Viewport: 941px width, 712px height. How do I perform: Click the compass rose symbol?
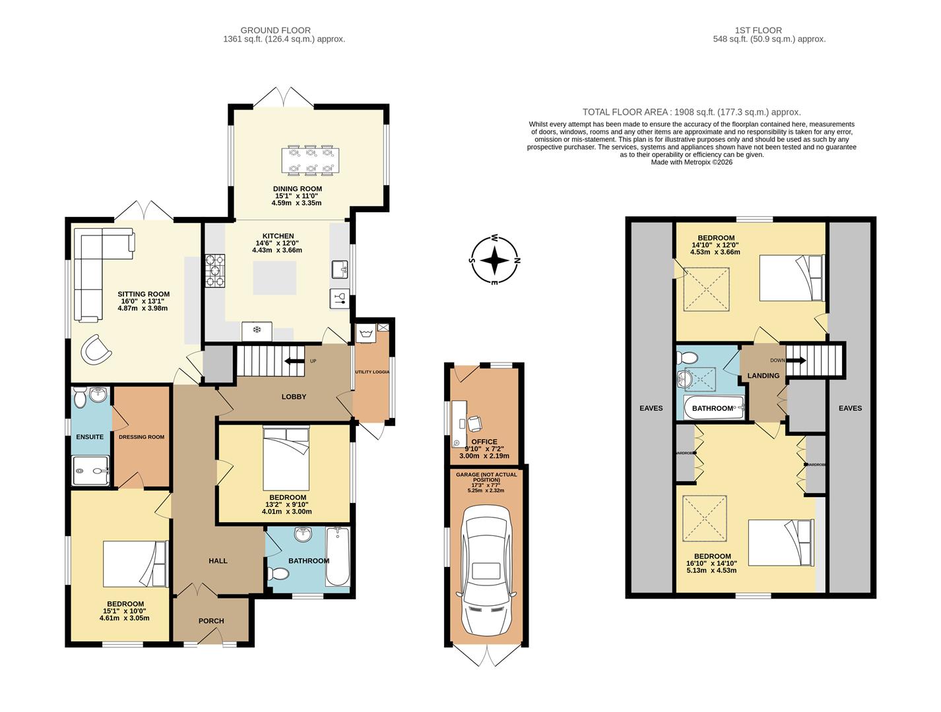coord(494,260)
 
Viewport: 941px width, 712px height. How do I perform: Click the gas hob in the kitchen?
coord(215,271)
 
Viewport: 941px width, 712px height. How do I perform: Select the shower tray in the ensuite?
coord(91,471)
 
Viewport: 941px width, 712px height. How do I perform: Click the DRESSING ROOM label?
coord(141,437)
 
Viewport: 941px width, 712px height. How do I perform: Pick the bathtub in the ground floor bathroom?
coord(337,557)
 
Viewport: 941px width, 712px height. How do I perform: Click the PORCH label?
coord(211,621)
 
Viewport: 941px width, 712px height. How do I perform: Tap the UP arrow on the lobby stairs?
coord(291,361)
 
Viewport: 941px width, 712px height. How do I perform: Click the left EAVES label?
coord(651,408)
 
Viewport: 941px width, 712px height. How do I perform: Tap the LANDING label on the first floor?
coord(763,376)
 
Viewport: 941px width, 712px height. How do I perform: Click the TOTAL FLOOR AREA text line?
coord(691,112)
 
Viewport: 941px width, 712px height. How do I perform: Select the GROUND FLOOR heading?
coord(275,30)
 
